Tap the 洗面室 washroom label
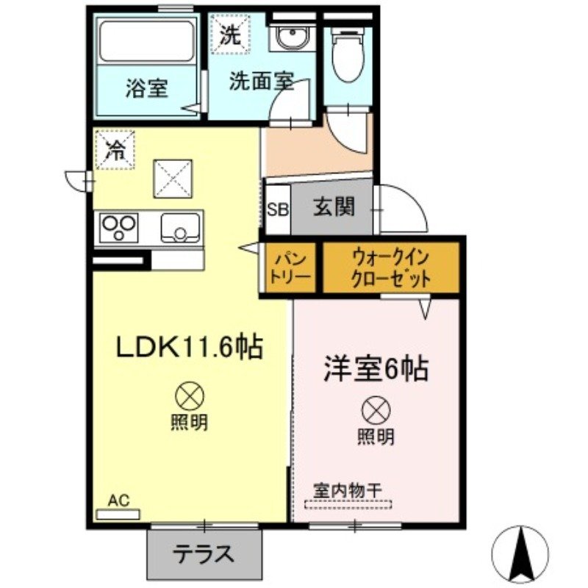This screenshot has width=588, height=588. [261, 81]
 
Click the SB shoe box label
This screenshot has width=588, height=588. [277, 209]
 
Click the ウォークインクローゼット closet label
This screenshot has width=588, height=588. [390, 268]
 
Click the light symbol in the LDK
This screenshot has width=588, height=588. [189, 397]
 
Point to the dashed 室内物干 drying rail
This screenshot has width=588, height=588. [348, 504]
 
